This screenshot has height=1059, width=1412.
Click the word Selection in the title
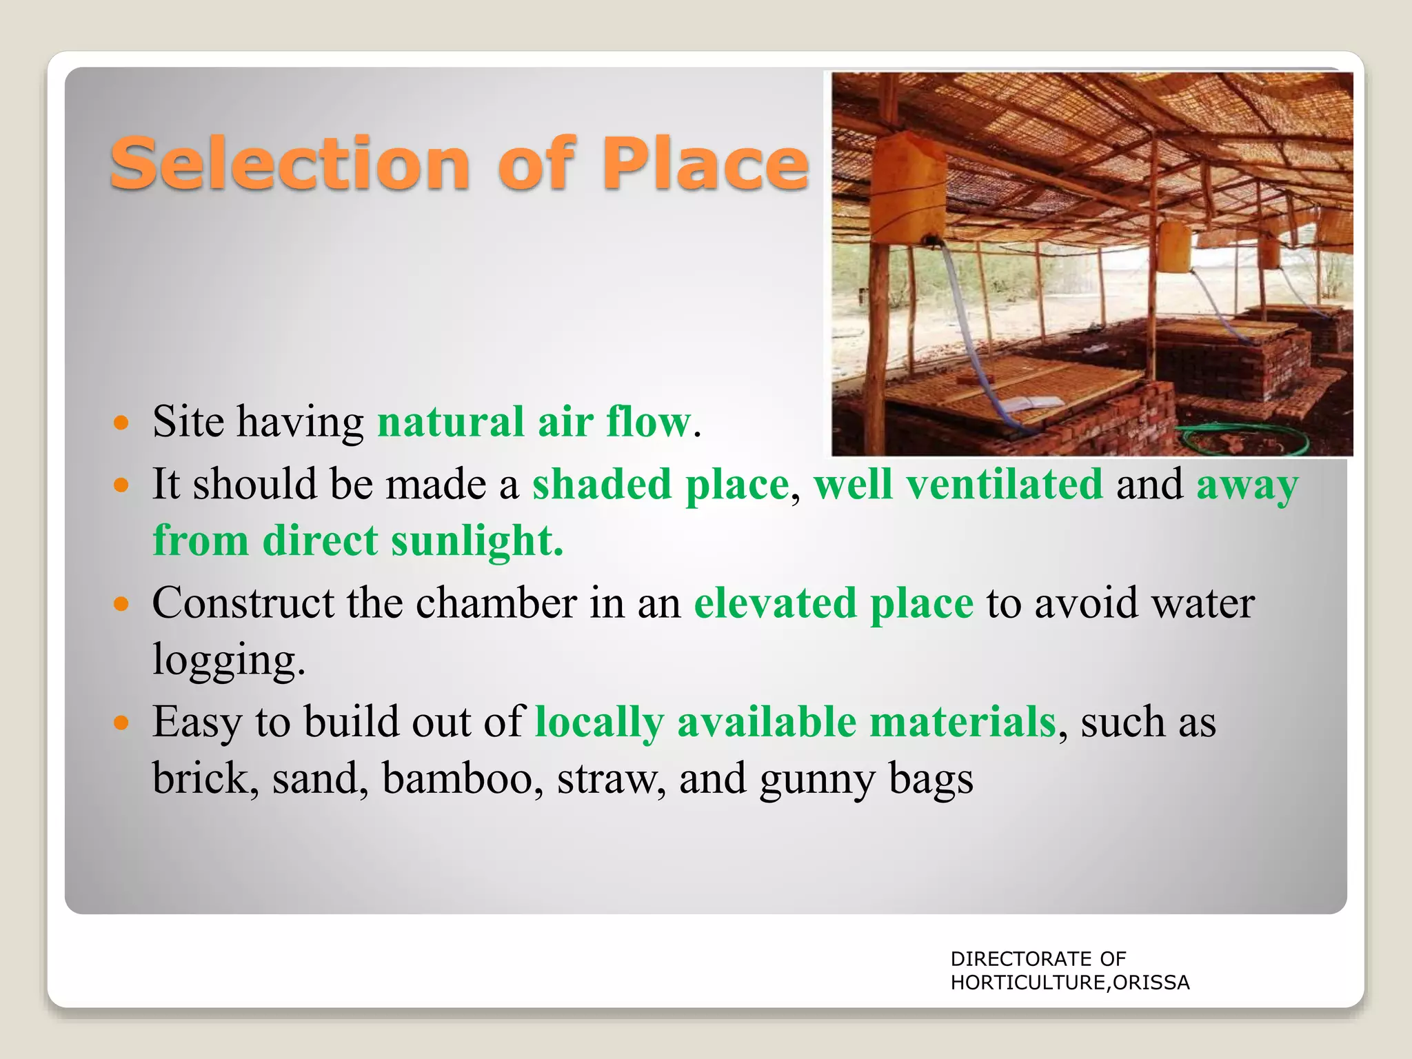click(290, 164)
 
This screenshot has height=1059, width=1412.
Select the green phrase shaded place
click(660, 484)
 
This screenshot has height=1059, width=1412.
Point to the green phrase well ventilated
click(958, 484)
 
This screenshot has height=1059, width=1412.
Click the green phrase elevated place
click(833, 603)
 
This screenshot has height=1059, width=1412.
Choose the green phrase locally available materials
click(795, 722)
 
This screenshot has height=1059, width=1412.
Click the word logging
click(228, 660)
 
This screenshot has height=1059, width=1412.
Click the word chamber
click(496, 603)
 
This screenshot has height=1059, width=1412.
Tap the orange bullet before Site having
click(121, 423)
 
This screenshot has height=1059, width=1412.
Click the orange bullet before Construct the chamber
click(121, 605)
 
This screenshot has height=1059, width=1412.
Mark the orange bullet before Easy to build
click(121, 723)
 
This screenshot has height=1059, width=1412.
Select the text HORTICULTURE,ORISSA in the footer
click(1070, 982)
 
